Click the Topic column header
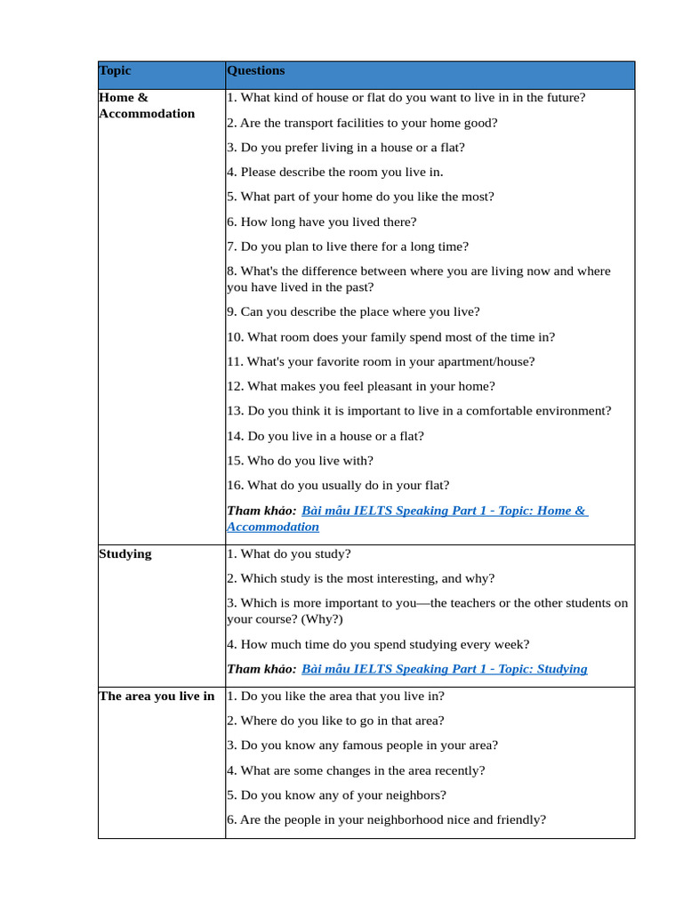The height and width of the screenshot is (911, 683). point(115,71)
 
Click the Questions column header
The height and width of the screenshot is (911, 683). point(256,71)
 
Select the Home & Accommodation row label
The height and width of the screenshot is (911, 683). point(147,106)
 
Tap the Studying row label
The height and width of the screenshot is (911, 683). point(125,554)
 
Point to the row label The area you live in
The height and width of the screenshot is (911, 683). point(157,697)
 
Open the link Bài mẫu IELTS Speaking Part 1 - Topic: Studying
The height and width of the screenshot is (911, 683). point(445,669)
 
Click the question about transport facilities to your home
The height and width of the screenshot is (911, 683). point(362,123)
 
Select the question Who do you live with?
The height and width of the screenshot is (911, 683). point(300,461)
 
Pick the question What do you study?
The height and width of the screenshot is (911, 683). point(288,554)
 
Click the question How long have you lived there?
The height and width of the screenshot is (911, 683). point(321,222)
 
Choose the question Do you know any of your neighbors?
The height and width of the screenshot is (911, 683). point(336,795)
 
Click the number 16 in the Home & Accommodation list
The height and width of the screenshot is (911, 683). point(234,486)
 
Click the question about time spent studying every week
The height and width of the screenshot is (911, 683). point(378,645)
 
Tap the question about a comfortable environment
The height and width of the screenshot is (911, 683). point(419,411)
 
